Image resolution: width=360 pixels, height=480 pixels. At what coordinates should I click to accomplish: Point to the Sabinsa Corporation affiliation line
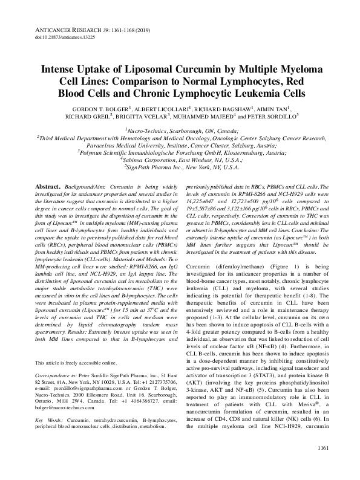click(x=179, y=161)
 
